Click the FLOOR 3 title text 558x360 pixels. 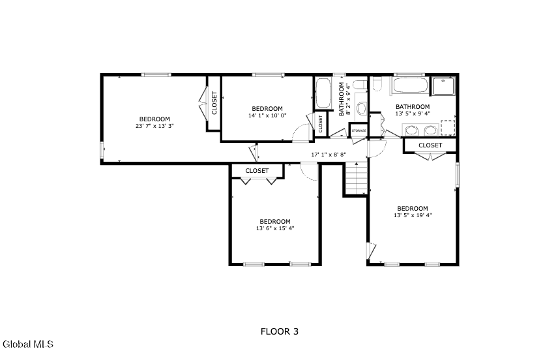(x=280, y=331)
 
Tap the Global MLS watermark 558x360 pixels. (x=28, y=344)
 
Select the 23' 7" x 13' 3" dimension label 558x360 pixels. (x=154, y=126)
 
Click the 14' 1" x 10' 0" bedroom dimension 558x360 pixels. (x=267, y=115)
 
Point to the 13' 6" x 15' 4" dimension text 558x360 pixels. (x=275, y=228)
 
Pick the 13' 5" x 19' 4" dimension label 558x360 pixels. (x=413, y=215)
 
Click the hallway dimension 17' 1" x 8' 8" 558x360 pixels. (x=329, y=155)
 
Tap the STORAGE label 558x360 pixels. (x=359, y=130)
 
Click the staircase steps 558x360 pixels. (x=356, y=178)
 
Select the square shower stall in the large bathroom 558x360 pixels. (x=443, y=86)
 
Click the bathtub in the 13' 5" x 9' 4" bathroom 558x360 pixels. (x=410, y=85)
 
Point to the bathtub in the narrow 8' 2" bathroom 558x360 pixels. (x=323, y=93)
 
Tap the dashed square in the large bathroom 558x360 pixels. (x=448, y=128)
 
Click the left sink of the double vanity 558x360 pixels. (x=412, y=130)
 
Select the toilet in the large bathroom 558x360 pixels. (x=377, y=83)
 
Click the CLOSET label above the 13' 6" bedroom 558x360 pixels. (x=257, y=171)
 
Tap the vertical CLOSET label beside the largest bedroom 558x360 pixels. (x=214, y=103)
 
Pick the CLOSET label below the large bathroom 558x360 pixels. (x=430, y=145)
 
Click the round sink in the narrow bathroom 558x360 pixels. (x=362, y=108)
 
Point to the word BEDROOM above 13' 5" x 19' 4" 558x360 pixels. (x=413, y=208)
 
